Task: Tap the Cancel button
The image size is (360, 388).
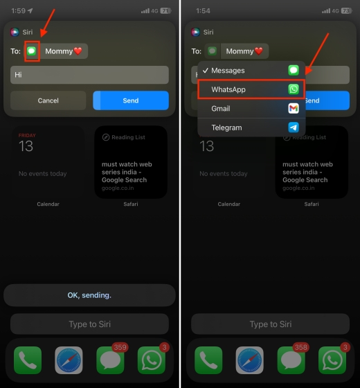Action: [48, 100]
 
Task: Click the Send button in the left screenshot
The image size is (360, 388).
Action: [131, 100]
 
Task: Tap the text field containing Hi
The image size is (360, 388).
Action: [89, 75]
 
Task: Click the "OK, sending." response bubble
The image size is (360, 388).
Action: [89, 295]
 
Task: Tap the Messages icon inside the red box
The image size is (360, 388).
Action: [32, 51]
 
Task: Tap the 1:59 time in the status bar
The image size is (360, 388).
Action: [19, 11]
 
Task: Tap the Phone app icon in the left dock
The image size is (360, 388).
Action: [28, 360]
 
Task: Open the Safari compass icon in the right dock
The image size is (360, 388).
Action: [249, 360]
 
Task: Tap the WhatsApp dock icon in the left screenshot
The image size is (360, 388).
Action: [152, 360]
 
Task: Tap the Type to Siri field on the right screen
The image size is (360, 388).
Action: [270, 324]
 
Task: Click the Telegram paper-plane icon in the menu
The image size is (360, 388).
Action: [294, 127]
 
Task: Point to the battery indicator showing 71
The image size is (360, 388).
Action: [165, 11]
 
